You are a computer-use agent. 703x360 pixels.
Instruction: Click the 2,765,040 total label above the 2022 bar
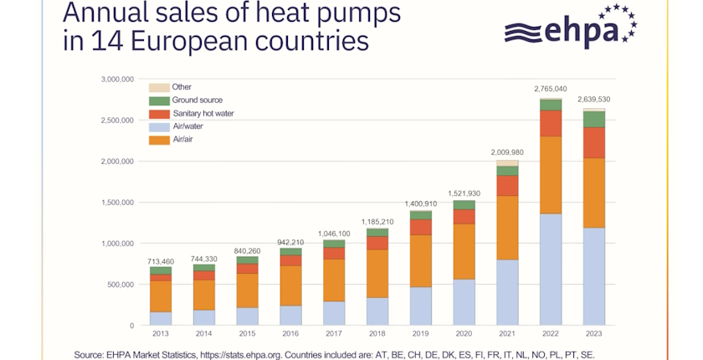pyautogui.click(x=551, y=88)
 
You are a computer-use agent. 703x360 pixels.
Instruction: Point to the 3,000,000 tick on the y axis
pyautogui.click(x=116, y=80)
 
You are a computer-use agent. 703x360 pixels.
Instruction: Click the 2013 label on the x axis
pyautogui.click(x=160, y=334)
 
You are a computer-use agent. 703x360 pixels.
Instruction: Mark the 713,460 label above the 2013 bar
pyautogui.click(x=160, y=261)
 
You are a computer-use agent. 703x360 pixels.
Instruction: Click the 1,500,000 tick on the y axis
pyautogui.click(x=116, y=203)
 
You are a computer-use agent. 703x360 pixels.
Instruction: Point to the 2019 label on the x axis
pyautogui.click(x=420, y=334)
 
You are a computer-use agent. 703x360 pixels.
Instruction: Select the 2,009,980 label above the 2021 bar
pyautogui.click(x=507, y=152)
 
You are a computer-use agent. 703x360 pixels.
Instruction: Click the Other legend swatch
pyautogui.click(x=158, y=87)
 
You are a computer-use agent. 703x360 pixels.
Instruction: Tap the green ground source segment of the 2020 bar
pyautogui.click(x=464, y=205)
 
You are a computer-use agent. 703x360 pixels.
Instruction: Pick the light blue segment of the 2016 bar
pyautogui.click(x=290, y=316)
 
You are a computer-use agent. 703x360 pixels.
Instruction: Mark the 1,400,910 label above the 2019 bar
pyautogui.click(x=420, y=203)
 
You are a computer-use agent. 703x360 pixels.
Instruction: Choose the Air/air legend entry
pyautogui.click(x=183, y=140)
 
